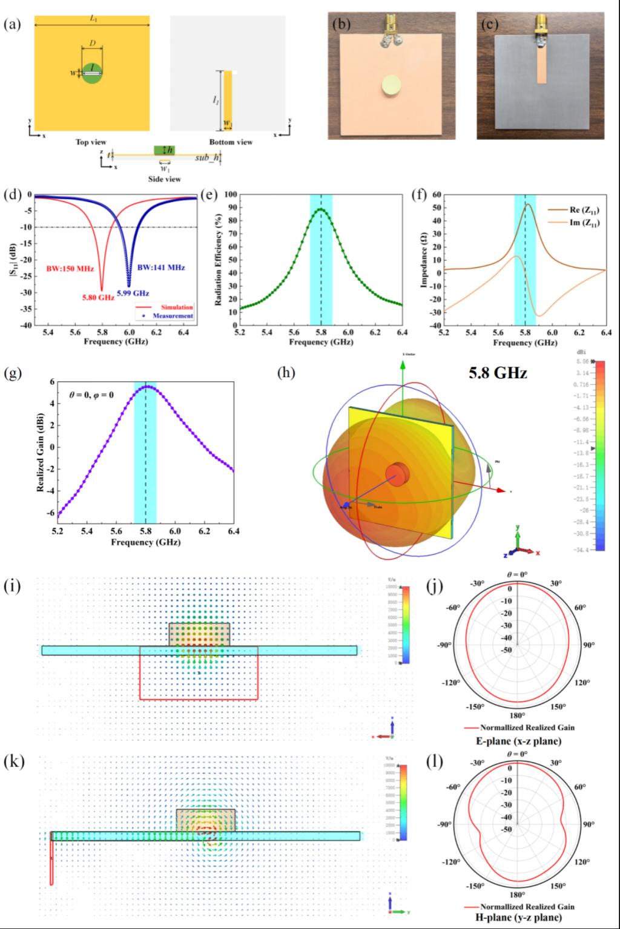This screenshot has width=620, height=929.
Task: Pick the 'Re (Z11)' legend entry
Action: pyautogui.click(x=584, y=210)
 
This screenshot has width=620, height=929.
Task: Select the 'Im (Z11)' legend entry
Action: pyautogui.click(x=584, y=224)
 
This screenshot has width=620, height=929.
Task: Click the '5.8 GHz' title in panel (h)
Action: pyautogui.click(x=498, y=373)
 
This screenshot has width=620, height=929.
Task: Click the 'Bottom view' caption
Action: pyautogui.click(x=231, y=142)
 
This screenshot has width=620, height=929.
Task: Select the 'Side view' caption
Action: pyautogui.click(x=165, y=179)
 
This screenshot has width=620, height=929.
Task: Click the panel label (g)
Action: pyautogui.click(x=13, y=373)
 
